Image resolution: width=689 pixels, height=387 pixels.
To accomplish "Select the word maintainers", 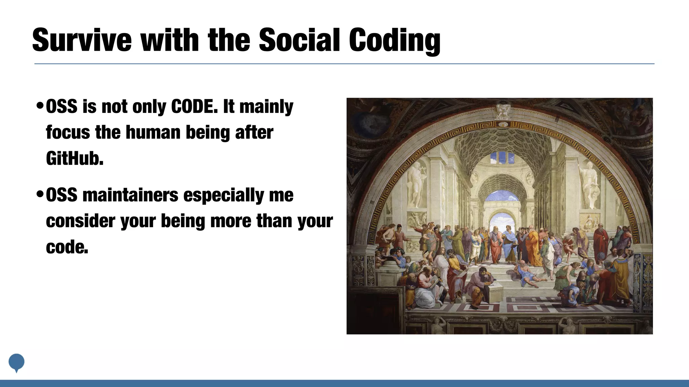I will click(130, 195).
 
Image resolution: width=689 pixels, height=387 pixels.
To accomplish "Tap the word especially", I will click(224, 196).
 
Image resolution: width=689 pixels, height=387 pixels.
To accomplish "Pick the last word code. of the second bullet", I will click(67, 247).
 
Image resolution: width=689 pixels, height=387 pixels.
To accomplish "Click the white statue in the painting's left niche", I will click(416, 183).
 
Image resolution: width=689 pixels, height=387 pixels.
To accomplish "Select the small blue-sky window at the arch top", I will click(499, 157).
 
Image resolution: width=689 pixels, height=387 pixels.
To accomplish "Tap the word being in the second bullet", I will click(183, 221).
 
